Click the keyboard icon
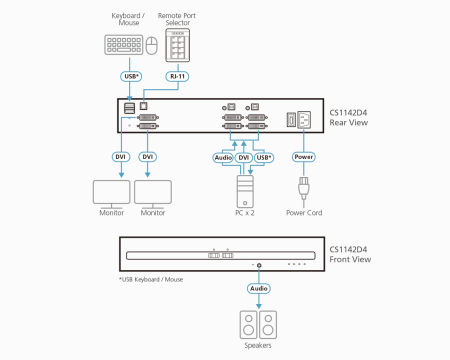pos(121,45)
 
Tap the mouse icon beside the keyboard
pos(150,46)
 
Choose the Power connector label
pos(304,157)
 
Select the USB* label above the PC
pos(264,157)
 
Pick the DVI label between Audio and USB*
pos(244,157)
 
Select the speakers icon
pos(259,323)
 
